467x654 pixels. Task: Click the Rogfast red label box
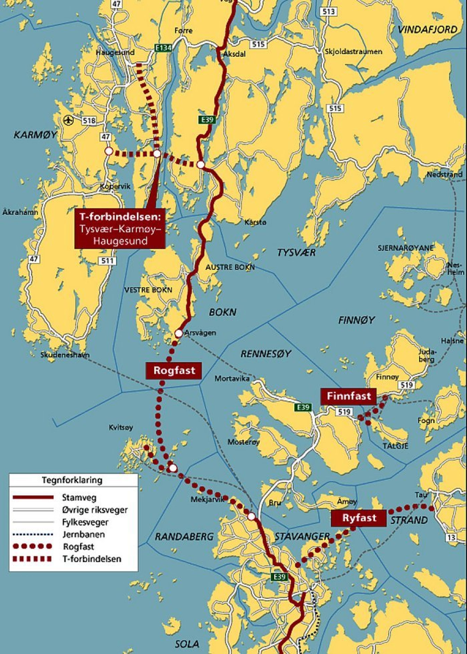coord(174,370)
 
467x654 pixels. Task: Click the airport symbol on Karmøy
coord(68,120)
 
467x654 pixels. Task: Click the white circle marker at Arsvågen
coord(179,333)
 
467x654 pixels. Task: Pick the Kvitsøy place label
coord(121,427)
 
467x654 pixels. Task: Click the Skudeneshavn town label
coord(65,355)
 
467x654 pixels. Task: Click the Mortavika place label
coord(232,378)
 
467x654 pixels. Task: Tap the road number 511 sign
coord(108,261)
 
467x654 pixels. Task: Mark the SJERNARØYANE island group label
coord(406,248)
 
